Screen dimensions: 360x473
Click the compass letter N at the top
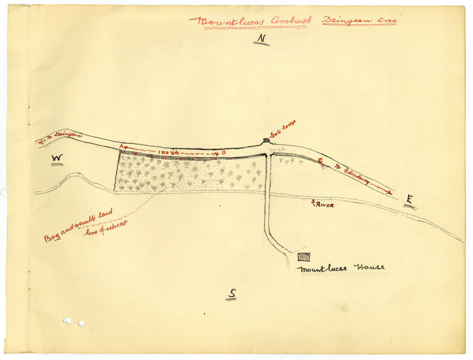[x=260, y=39]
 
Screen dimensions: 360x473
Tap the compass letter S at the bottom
[x=231, y=294]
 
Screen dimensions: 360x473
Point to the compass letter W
[x=57, y=158]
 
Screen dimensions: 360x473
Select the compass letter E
[x=409, y=201]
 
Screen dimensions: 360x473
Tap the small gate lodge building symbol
[x=266, y=140]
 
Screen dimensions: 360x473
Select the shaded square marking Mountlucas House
[x=304, y=257]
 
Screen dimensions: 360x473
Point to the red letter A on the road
[x=122, y=147]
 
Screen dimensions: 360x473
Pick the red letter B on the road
[x=223, y=153]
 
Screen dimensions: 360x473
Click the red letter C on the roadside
[x=320, y=161]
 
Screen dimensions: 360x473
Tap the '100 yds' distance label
[x=168, y=152]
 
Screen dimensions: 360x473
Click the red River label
[x=325, y=205]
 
